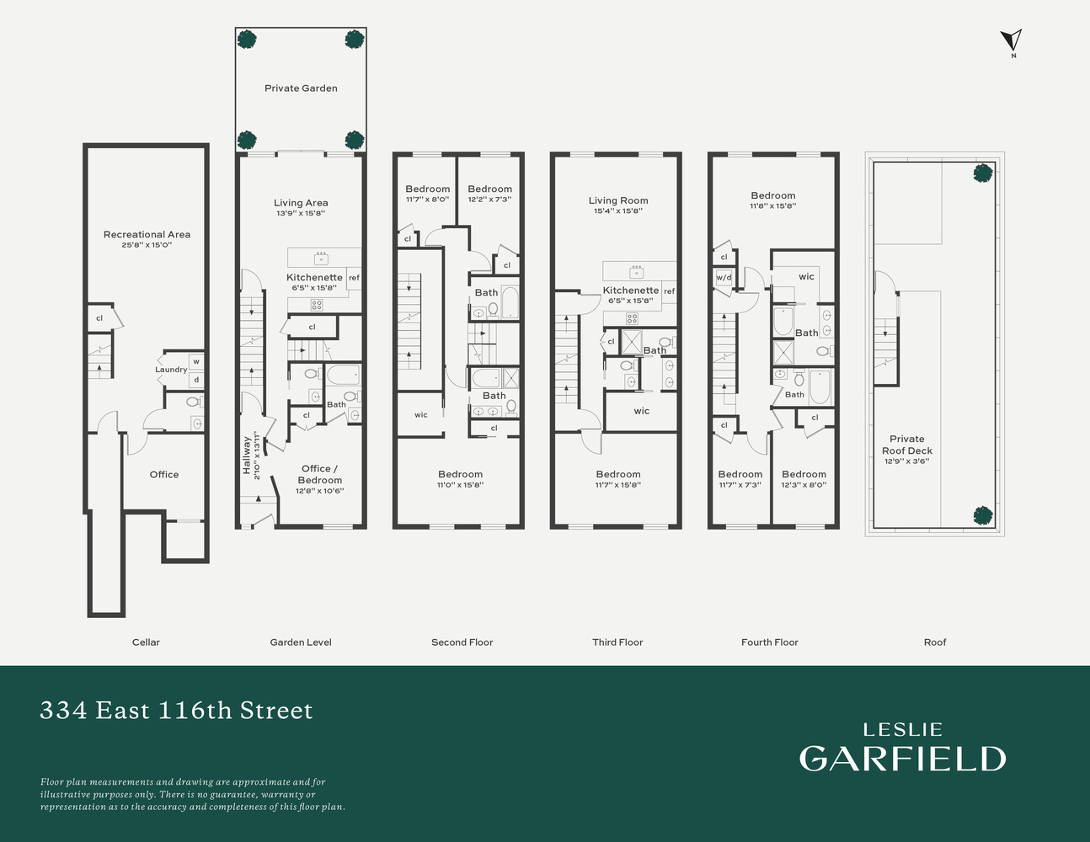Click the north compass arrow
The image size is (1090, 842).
pos(1012,40)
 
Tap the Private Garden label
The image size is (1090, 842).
pos(301,88)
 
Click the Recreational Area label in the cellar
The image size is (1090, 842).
pos(147,234)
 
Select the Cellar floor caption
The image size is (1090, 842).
pos(146,642)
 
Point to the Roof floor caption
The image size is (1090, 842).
pos(935,642)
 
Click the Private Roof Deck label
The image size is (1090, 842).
pos(907,445)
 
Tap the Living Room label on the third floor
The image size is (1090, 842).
pos(618,200)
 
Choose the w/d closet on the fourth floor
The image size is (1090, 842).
pos(724,278)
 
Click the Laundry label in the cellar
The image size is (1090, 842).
pos(171,370)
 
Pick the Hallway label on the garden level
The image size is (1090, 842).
pos(247,455)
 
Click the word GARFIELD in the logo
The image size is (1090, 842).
pos(902,759)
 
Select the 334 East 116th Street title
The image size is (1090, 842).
pos(177,710)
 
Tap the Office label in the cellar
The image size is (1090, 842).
pos(164,475)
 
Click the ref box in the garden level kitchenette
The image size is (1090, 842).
pos(354,278)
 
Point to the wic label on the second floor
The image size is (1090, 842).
pos(421,415)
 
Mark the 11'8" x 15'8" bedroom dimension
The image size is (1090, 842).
pos(773,205)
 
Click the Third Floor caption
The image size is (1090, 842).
pos(617,642)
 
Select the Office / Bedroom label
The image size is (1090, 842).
pos(320,474)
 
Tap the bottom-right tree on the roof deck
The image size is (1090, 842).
pos(983,515)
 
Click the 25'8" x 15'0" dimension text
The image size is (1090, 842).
pos(147,245)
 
